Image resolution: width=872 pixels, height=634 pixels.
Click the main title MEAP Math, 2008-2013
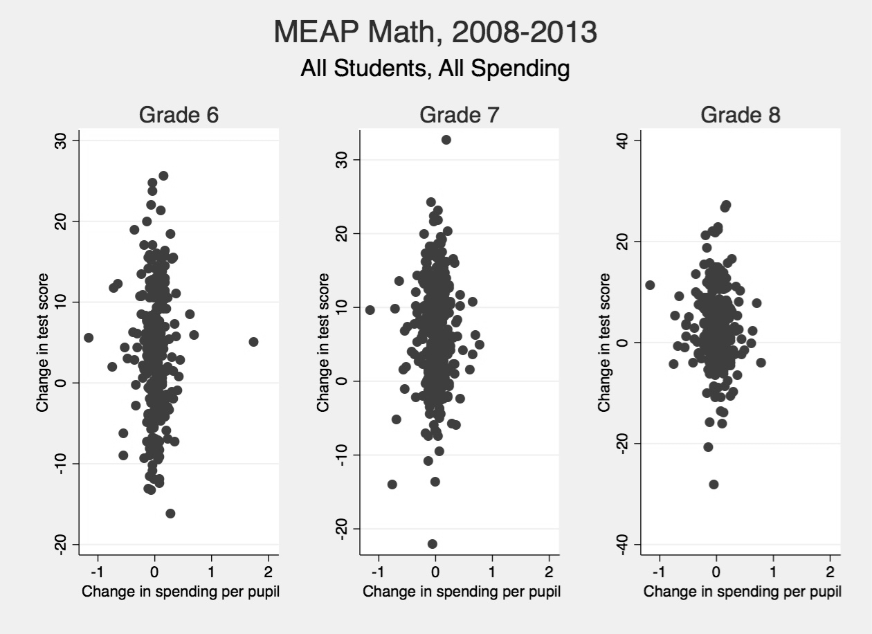435,33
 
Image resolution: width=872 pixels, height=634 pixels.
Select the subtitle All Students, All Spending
435,69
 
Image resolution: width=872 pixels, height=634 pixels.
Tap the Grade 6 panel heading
179,115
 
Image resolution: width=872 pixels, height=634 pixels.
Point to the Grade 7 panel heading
459,115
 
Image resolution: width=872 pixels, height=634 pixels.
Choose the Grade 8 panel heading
741,115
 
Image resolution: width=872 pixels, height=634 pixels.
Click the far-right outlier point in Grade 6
253,342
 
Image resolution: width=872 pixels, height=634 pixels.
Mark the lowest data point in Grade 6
170,514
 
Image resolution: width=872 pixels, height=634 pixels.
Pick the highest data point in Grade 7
446,140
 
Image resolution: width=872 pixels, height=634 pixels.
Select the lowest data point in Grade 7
433,544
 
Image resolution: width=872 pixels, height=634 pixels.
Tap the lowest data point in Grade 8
714,484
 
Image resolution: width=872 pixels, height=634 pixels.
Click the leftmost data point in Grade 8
650,285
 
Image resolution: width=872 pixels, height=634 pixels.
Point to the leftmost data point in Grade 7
370,310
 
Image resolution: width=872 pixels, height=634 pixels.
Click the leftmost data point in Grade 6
89,338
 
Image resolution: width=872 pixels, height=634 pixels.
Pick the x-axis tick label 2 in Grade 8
830,573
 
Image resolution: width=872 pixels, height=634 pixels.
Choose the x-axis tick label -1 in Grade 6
97,573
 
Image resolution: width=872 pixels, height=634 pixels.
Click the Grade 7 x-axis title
462,592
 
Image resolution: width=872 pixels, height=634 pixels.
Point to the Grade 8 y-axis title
605,342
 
